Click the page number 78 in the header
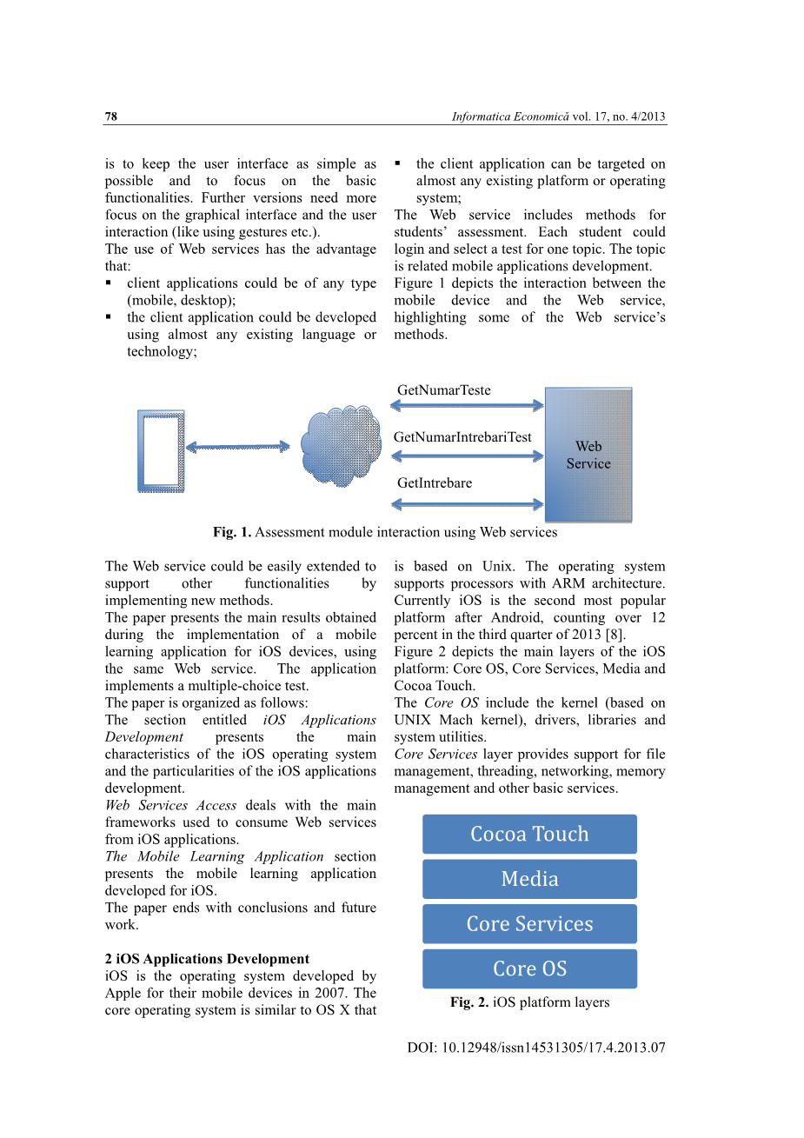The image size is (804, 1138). pos(110,116)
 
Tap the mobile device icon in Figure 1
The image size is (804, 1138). pos(161,451)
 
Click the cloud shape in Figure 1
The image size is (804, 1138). pos(341,445)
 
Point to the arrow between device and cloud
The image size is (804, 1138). pos(237,447)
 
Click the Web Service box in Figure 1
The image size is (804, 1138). pos(588,455)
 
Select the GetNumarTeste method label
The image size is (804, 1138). pos(443,390)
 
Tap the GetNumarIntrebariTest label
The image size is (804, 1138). pos(462,437)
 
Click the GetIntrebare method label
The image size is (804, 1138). pos(435,483)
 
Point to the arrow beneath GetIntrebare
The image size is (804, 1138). pos(468,504)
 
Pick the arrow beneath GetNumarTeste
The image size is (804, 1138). pos(468,405)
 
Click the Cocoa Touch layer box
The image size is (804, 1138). pos(529,835)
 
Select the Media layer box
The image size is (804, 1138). pos(529,879)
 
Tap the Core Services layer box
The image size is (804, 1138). pos(529,924)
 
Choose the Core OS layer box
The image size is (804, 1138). pos(529,968)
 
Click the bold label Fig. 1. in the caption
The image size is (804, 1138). pos(231,532)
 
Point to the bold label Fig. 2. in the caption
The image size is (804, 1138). pos(468,1002)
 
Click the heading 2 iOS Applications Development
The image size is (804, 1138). pos(207,959)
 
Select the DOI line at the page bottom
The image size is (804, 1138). pos(535,1048)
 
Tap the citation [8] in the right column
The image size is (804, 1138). pos(615,635)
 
